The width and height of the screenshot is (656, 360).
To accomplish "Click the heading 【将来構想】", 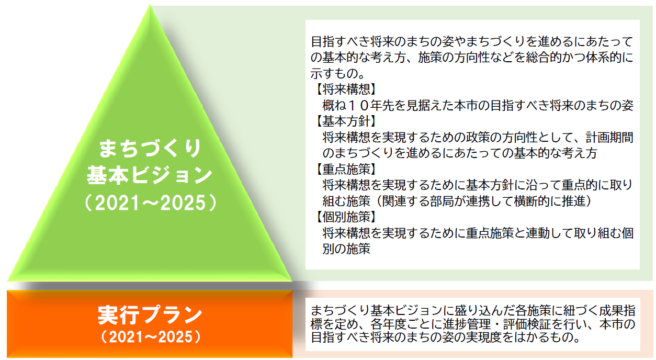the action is coord(346,89).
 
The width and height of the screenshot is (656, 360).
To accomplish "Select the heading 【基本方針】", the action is coord(346,121).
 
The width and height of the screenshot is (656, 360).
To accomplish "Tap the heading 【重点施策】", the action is coord(346,169).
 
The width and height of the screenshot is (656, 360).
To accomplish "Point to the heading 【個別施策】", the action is coord(346,217).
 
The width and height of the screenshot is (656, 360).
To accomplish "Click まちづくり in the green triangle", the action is coord(150,149).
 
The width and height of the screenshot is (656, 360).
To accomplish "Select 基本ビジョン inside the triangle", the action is coord(150,175).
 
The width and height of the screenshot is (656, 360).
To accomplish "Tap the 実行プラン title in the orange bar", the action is coord(150,315).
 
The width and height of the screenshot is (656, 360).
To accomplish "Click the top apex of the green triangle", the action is coord(150,4).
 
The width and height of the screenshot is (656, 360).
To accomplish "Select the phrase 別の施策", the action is coord(346,249).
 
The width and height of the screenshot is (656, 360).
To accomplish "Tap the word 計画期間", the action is coord(610,138).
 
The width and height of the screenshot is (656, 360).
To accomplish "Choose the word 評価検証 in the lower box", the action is coord(527,324).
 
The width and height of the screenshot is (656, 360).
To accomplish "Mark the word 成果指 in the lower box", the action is coord(617,310).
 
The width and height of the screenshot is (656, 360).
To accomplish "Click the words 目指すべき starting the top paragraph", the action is coord(341,41).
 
